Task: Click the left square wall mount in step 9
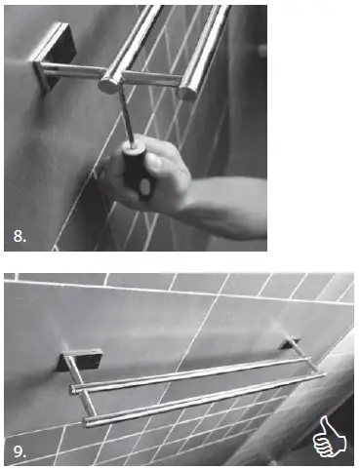tap(71, 362)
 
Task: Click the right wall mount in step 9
tap(289, 346)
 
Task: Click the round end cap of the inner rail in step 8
tap(110, 82)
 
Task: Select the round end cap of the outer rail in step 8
tap(186, 91)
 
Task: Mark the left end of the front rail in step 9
tap(89, 420)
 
